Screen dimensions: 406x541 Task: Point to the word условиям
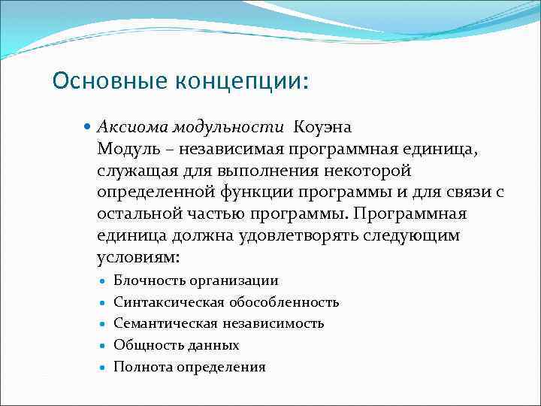(x=139, y=257)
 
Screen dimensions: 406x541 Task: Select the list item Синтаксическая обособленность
(x=226, y=302)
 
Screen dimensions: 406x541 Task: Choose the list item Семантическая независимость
(x=219, y=323)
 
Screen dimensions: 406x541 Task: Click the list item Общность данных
(x=176, y=345)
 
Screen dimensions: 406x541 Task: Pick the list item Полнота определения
(x=189, y=367)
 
